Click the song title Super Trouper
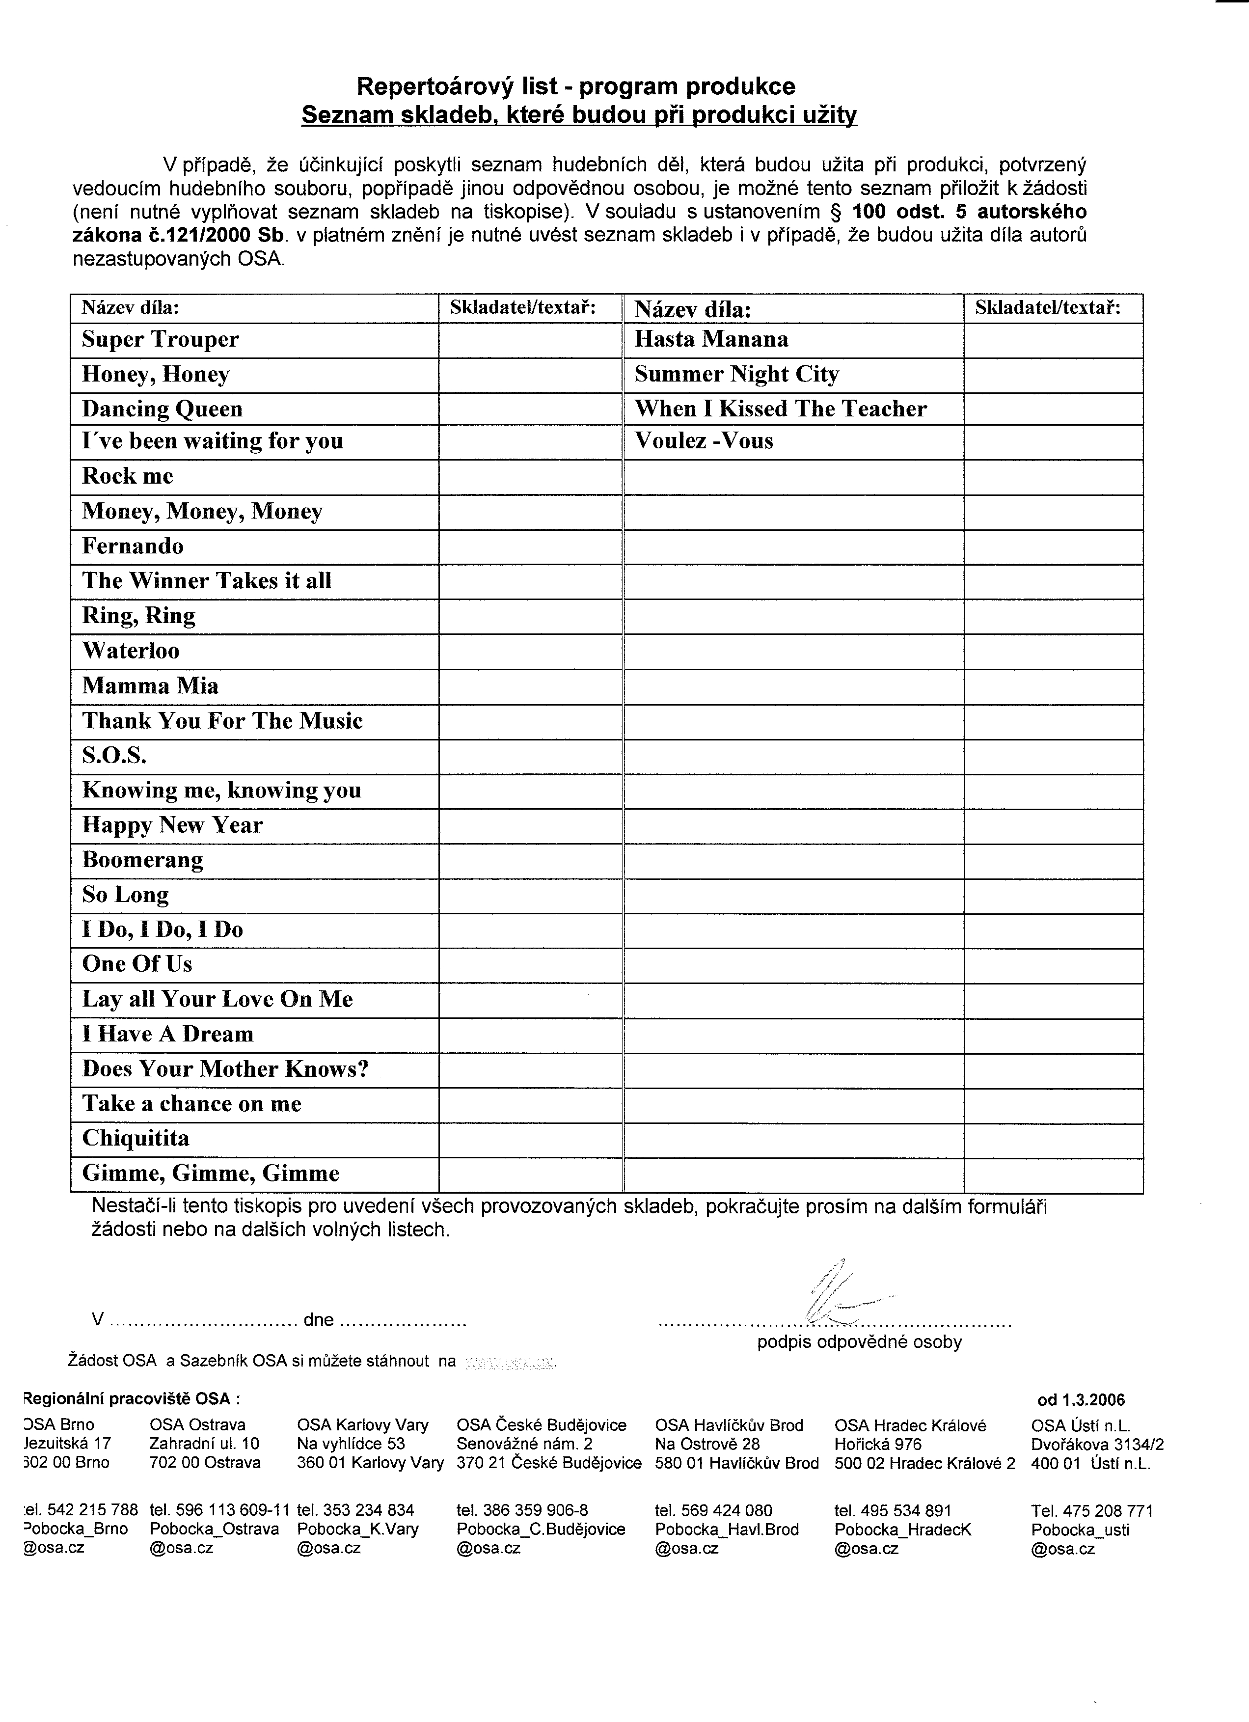coord(160,339)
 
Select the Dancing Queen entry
coord(163,409)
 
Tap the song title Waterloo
coord(131,651)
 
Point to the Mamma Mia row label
coord(150,685)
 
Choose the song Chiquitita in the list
coord(136,1138)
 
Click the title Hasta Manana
coord(711,339)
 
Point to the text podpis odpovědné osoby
coord(859,1341)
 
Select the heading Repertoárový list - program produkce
coord(575,86)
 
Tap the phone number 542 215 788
coord(86,1510)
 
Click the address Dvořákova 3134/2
coord(1097,1444)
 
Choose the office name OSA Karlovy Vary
coord(363,1424)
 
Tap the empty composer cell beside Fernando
coord(530,547)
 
